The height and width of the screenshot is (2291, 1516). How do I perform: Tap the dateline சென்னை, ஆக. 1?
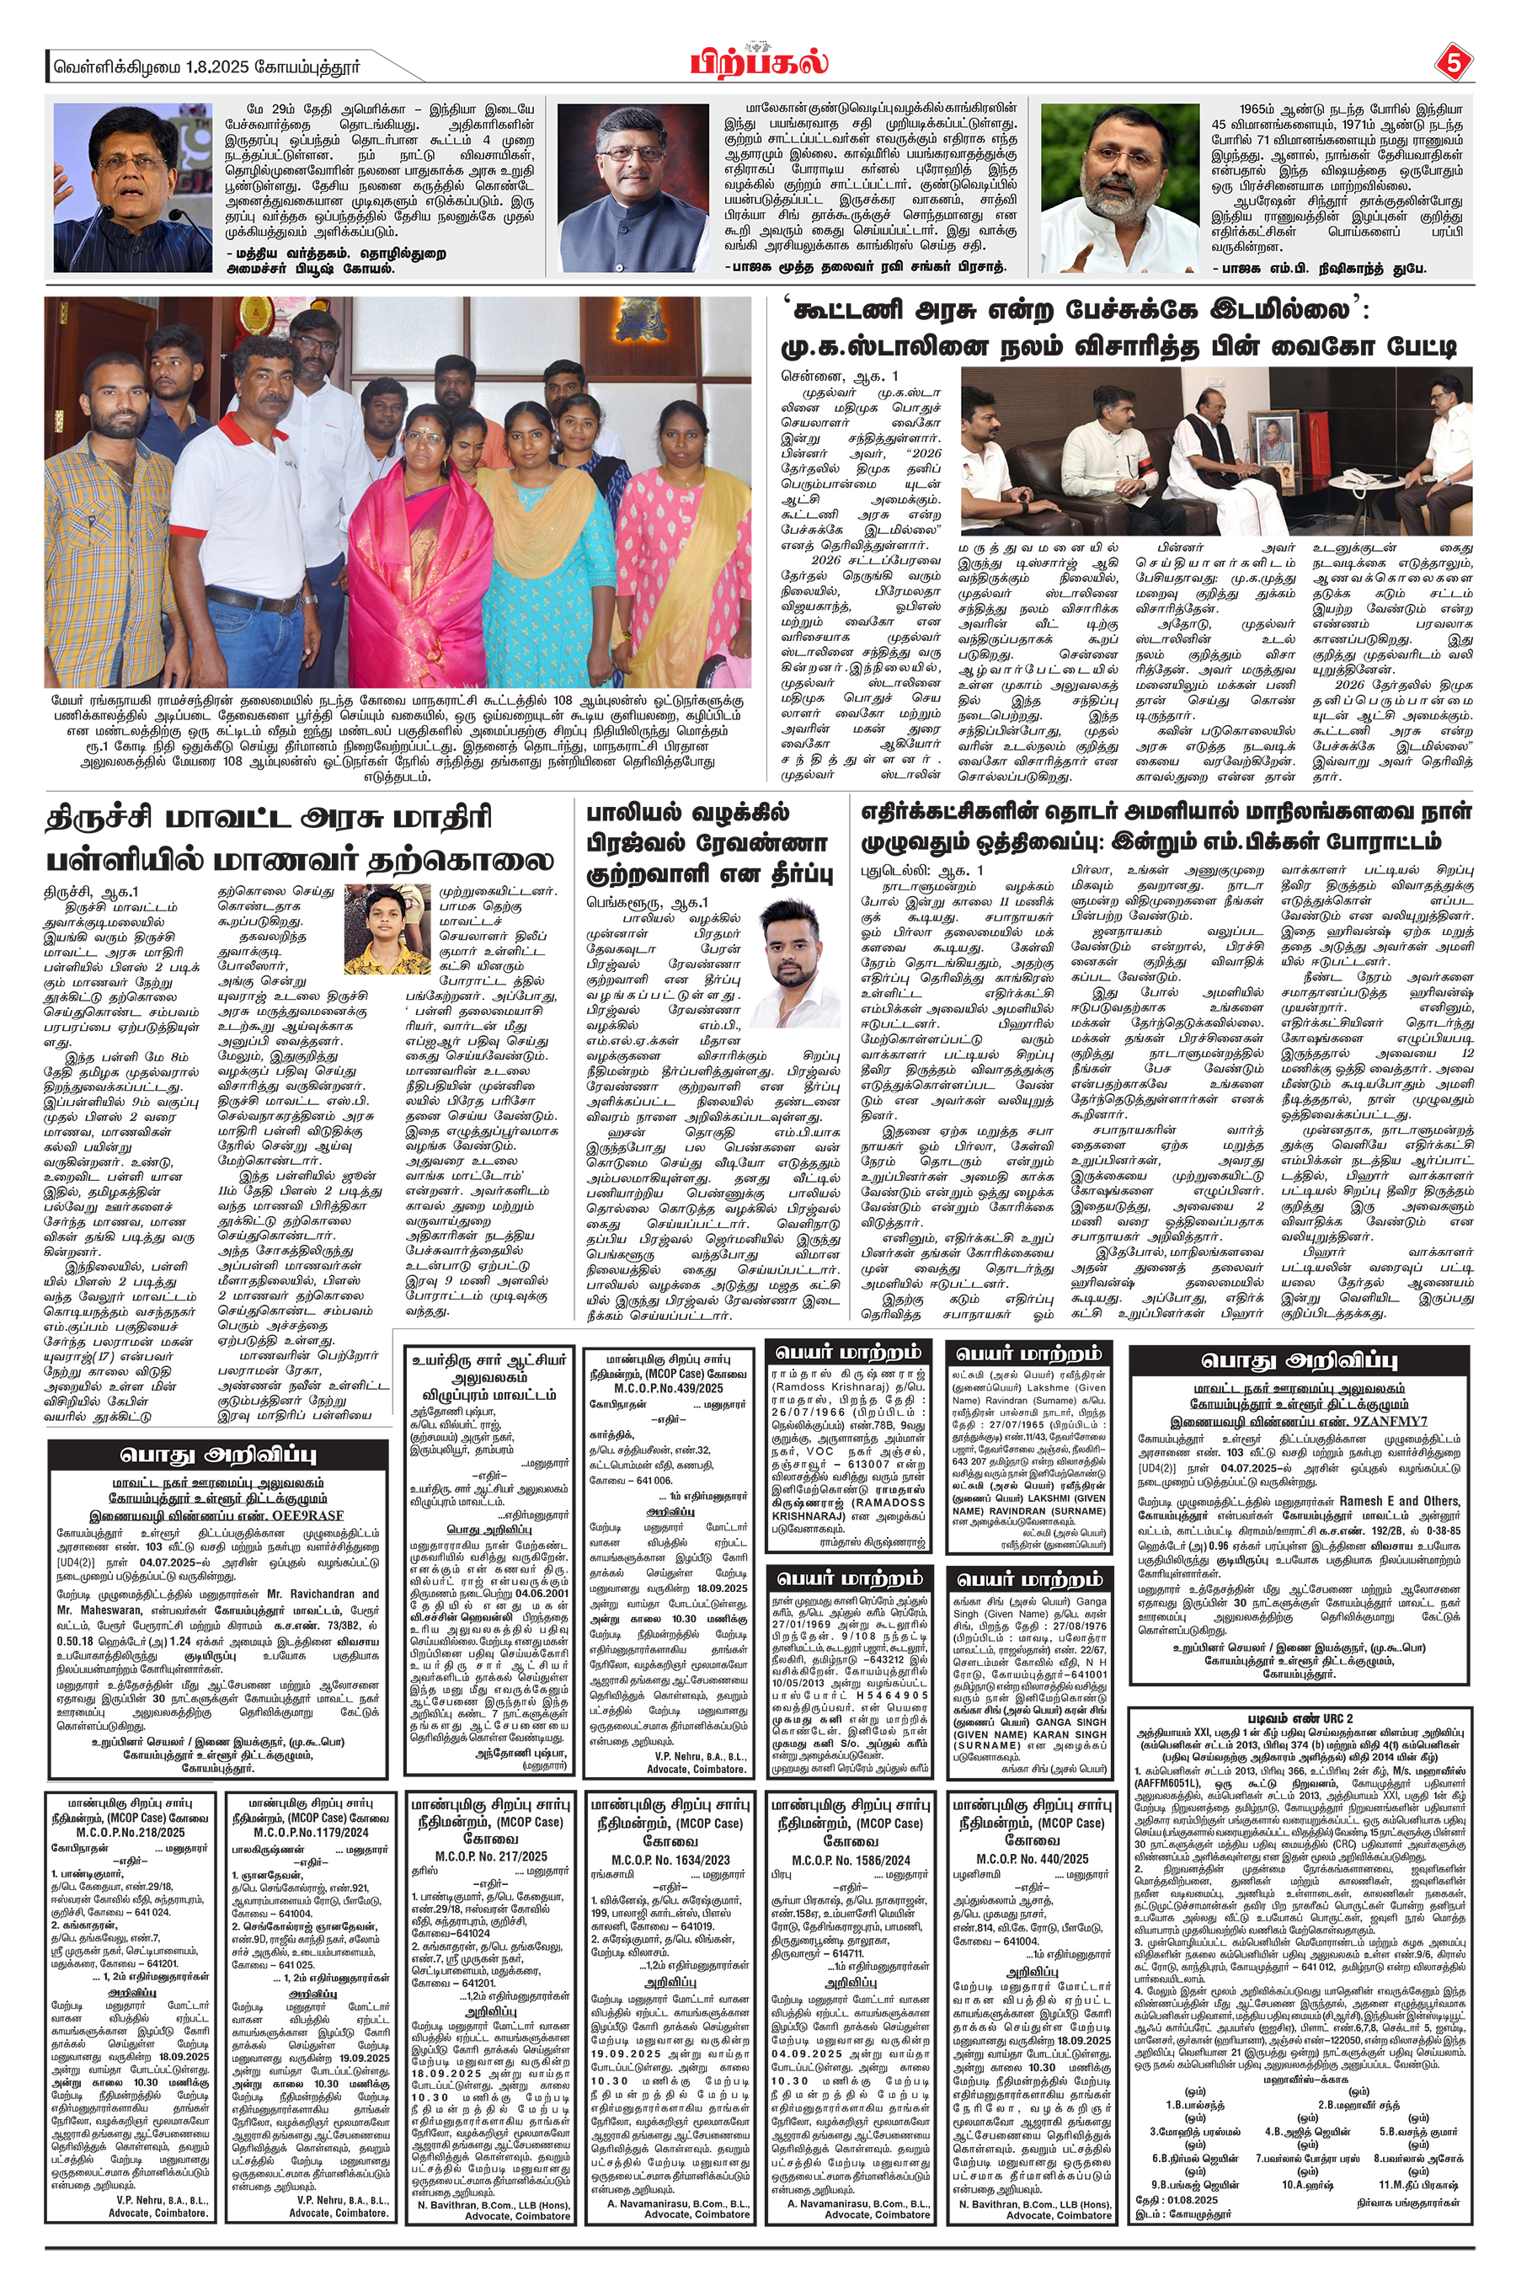(x=839, y=375)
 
